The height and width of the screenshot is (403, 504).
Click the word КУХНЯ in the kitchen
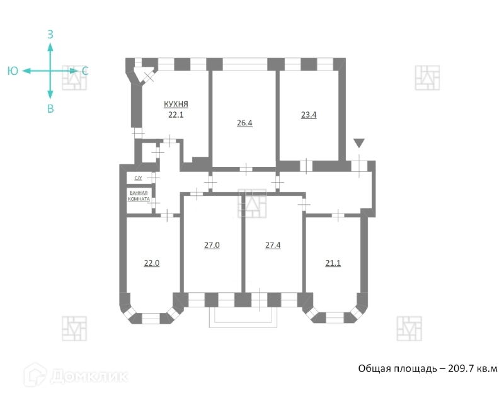176,105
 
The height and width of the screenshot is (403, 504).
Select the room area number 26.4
244,123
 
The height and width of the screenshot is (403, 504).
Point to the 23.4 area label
309,115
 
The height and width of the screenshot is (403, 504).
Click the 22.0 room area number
152,263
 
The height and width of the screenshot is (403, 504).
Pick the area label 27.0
212,246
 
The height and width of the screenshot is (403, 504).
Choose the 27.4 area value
272,246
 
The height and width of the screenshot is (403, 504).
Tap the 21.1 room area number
333,263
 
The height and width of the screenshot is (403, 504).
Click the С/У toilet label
137,179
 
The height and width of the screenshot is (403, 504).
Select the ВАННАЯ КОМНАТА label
139,196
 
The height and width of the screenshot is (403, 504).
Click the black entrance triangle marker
358,144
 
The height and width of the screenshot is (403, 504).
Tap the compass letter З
50,34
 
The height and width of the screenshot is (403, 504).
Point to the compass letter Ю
13,71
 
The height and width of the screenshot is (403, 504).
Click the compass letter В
50,109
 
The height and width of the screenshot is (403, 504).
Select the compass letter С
85,71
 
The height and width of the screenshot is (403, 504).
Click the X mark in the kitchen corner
149,76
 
